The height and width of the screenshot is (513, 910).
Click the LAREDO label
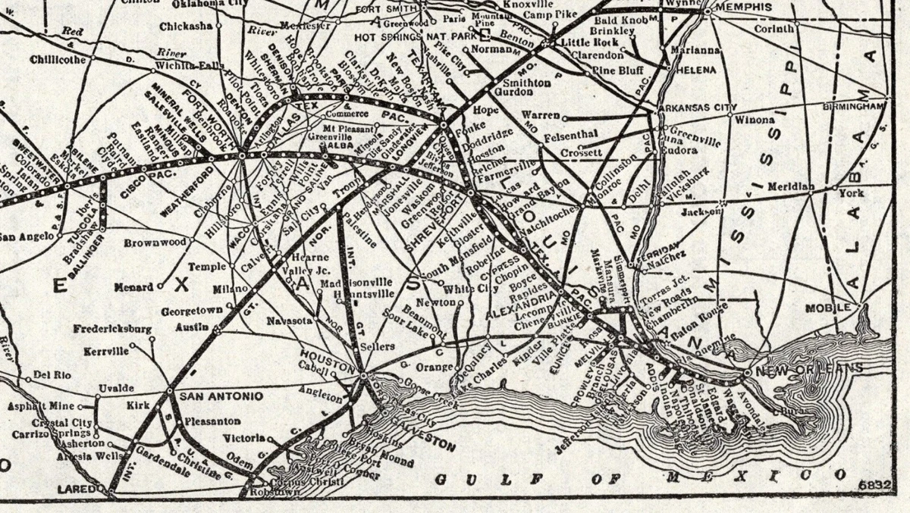79,490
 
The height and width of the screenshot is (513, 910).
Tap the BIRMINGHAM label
853,107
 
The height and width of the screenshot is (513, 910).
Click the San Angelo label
26,236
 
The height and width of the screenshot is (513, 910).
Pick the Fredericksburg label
113,330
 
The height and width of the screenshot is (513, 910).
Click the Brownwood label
155,242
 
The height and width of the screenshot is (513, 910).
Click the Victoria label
243,438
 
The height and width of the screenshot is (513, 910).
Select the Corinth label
774,29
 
